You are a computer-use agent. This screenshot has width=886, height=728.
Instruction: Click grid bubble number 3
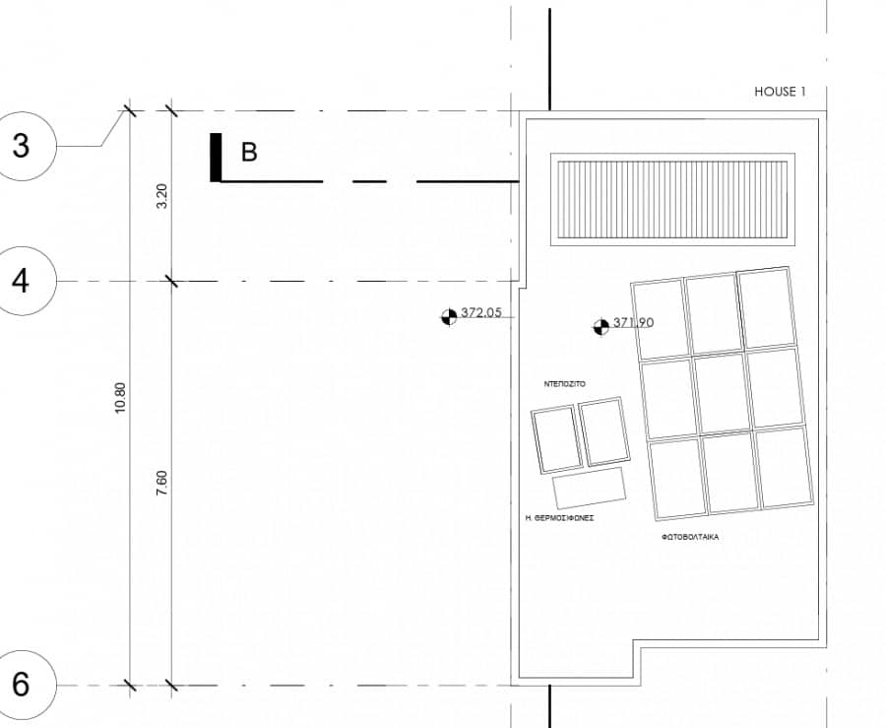pyautogui.click(x=23, y=146)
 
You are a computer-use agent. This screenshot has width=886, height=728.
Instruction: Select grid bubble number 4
pyautogui.click(x=23, y=281)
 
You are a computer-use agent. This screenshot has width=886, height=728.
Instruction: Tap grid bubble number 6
pyautogui.click(x=23, y=685)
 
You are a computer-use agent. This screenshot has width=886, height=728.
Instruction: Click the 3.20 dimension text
pyautogui.click(x=162, y=196)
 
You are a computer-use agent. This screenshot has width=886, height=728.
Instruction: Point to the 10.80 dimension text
pyautogui.click(x=120, y=398)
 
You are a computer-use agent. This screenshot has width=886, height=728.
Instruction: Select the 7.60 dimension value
pyautogui.click(x=162, y=484)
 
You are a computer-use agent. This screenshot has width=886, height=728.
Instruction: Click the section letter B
pyautogui.click(x=249, y=152)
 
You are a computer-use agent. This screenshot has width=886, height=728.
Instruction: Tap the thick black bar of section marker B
pyautogui.click(x=216, y=158)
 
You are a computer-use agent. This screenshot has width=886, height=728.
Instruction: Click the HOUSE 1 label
pyautogui.click(x=780, y=92)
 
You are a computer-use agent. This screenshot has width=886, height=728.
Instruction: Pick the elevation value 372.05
pyautogui.click(x=481, y=312)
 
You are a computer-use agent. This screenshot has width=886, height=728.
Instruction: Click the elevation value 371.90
pyautogui.click(x=633, y=322)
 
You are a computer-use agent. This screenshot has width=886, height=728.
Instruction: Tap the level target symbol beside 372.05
pyautogui.click(x=449, y=317)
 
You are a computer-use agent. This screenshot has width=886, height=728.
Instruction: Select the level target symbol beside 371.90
pyautogui.click(x=601, y=327)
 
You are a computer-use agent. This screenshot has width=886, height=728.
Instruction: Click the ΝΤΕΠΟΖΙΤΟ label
pyautogui.click(x=564, y=384)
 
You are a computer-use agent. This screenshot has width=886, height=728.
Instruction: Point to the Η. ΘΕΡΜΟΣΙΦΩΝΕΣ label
pyautogui.click(x=559, y=517)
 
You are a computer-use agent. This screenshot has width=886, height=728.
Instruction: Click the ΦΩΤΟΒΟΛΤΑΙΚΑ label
pyautogui.click(x=690, y=537)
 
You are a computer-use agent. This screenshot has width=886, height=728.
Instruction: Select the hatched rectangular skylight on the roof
pyautogui.click(x=672, y=200)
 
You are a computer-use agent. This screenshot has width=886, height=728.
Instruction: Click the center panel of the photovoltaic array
pyautogui.click(x=722, y=393)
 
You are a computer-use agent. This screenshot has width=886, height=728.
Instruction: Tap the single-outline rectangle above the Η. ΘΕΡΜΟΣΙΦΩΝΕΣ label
pyautogui.click(x=590, y=489)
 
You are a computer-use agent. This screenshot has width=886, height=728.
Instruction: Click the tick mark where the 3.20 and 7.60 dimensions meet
pyautogui.click(x=171, y=281)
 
